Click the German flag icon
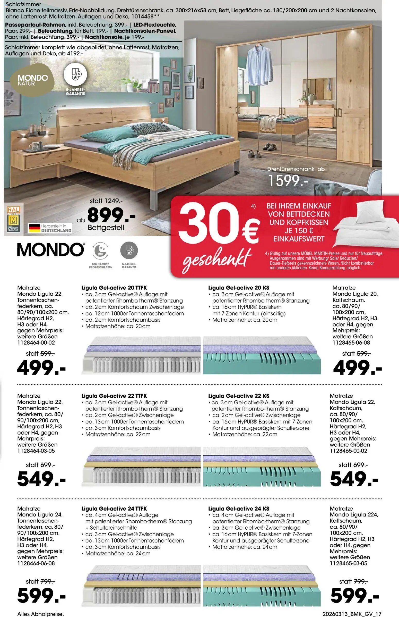tap(34, 228)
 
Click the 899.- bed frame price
tap(111, 215)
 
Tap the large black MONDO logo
tap(51, 250)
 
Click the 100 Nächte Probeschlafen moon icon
tap(100, 251)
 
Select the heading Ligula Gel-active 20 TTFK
tap(114, 288)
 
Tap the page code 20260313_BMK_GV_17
tap(352, 614)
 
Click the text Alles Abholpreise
tap(40, 614)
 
